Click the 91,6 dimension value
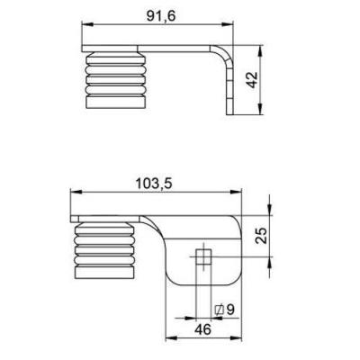[160, 16]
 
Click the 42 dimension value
[252, 80]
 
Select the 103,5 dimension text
[154, 184]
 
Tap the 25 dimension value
[261, 236]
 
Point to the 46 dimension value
[202, 329]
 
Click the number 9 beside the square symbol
[230, 310]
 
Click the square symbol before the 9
[220, 310]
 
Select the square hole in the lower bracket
[203, 257]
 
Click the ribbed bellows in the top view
[116, 80]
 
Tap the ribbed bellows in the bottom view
[104, 250]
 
